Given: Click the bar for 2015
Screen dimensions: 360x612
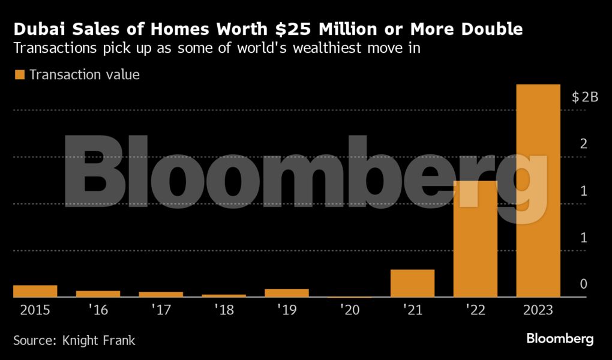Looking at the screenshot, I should coord(35,291).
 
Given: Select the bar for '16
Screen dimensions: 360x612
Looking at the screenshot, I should coord(98,294).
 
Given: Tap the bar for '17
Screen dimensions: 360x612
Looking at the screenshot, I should coord(161,295).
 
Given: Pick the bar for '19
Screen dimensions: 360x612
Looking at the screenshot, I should coord(287,293).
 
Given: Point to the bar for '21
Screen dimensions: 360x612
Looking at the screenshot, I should coord(412,283).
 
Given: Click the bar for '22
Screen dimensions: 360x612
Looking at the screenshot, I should coord(475,239).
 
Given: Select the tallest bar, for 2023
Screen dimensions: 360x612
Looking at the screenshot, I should coord(538,191).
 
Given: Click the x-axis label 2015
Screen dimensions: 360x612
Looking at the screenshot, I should coord(35,310).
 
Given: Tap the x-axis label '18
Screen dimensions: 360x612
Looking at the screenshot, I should coord(224,310).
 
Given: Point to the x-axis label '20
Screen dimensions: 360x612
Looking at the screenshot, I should coord(350,310).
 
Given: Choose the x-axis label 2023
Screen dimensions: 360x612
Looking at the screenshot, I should coord(538,310).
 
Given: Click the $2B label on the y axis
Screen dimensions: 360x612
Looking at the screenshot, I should coord(585,97).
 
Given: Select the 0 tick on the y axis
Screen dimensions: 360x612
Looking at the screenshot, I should coord(583,284).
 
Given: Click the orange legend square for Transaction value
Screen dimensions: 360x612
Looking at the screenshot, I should coord(19,75).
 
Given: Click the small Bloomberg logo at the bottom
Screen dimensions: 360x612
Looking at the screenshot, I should coord(560,339).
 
